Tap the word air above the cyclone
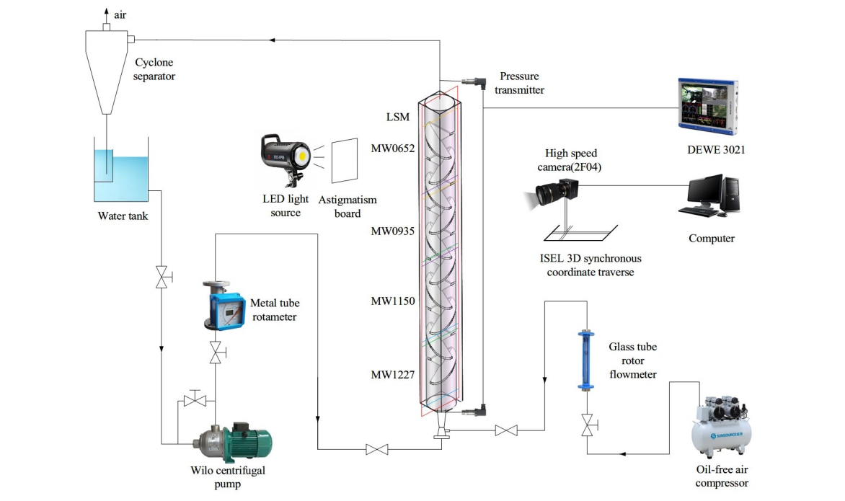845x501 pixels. pyautogui.click(x=120, y=14)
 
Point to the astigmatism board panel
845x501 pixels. pyautogui.click(x=344, y=161)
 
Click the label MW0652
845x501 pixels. pyautogui.click(x=393, y=149)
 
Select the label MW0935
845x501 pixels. pyautogui.click(x=393, y=231)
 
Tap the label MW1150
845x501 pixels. pyautogui.click(x=393, y=301)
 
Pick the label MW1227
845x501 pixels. pyautogui.click(x=393, y=375)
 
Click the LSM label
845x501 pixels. pyautogui.click(x=398, y=117)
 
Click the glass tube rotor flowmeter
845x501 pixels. pyautogui.click(x=585, y=360)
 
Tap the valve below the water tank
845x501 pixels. pyautogui.click(x=162, y=277)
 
